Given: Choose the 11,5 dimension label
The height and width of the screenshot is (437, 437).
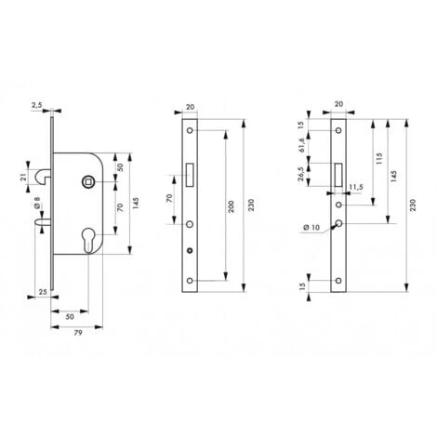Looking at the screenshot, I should click(x=353, y=188).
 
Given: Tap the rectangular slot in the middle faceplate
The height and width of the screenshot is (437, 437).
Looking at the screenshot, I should click(x=190, y=172).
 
